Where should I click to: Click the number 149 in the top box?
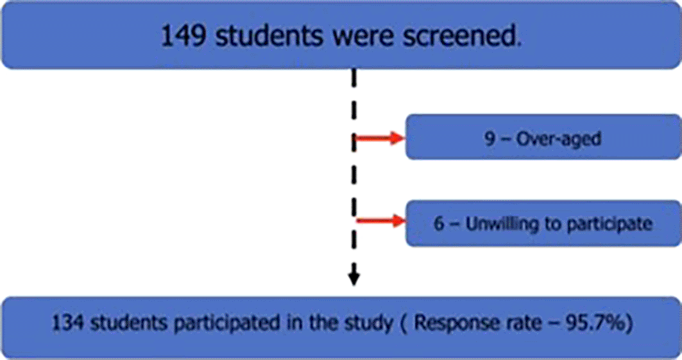click(183, 35)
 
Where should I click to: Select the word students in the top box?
click(269, 35)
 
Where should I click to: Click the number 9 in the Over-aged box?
click(490, 139)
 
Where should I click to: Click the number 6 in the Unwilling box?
click(439, 224)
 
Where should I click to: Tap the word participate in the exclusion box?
click(610, 225)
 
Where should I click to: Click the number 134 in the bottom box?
click(67, 323)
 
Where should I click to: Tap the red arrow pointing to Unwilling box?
click(381, 221)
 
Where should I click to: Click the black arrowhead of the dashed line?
click(354, 279)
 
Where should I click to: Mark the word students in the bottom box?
click(128, 323)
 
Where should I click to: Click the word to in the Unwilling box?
click(552, 225)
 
